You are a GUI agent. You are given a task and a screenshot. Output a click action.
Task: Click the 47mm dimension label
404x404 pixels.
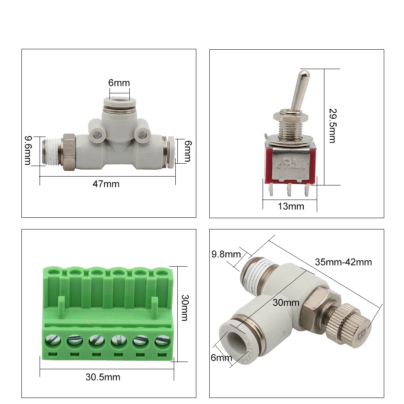(106, 184)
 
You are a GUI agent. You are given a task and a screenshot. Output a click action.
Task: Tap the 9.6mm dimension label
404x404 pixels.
(28, 150)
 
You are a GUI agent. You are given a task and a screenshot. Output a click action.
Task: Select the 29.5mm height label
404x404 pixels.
(332, 126)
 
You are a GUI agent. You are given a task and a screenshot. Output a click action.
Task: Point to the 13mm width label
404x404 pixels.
(291, 206)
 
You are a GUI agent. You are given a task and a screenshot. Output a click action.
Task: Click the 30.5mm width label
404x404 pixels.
(103, 377)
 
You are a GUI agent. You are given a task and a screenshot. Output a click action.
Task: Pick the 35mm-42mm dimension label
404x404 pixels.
(343, 262)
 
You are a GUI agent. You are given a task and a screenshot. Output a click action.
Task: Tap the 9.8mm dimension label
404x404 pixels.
(226, 254)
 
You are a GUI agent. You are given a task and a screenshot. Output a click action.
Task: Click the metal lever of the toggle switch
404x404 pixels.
(299, 90)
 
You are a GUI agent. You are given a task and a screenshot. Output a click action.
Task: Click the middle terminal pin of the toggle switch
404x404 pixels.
(289, 189)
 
